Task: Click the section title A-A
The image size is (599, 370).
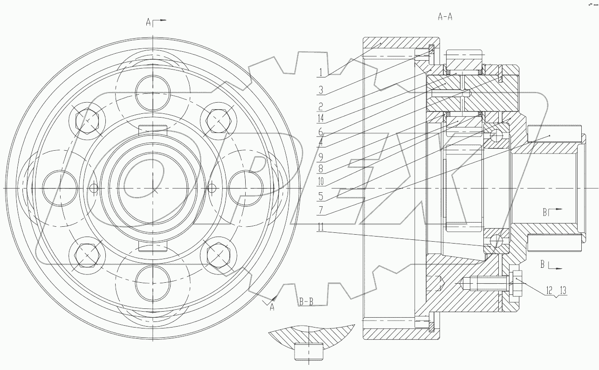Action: coord(445,17)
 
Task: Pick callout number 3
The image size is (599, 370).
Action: coord(321,88)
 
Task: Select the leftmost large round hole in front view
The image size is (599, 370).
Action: coord(59,188)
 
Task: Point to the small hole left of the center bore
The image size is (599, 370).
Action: coord(94,188)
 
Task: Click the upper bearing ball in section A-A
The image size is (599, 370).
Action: coord(496,135)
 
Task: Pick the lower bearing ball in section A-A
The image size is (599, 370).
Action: coord(496,241)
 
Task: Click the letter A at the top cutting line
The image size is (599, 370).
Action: coord(148,22)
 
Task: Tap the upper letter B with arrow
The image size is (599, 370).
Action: coord(544,212)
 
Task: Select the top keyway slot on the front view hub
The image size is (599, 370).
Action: coord(152,130)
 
